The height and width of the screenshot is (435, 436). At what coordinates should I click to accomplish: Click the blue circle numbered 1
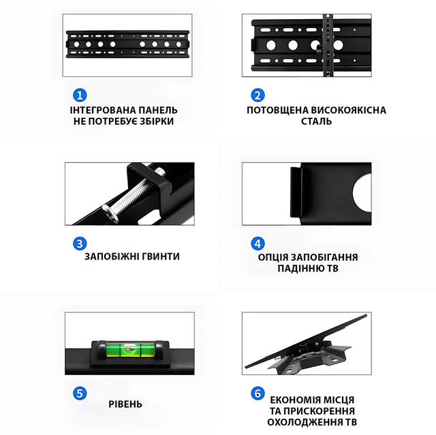point(80,95)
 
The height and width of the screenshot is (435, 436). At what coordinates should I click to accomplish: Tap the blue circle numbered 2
point(258,95)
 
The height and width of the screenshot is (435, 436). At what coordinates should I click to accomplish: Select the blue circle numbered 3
point(80,244)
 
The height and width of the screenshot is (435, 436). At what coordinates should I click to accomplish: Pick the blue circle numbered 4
point(258,244)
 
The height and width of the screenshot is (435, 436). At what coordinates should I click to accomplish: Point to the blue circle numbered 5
point(80,393)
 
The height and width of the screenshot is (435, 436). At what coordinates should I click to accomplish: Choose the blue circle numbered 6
point(258,393)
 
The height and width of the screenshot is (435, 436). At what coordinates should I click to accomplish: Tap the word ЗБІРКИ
point(157,121)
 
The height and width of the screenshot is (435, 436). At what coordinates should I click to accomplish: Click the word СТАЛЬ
point(316,121)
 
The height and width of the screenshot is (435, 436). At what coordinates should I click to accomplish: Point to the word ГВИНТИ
point(161,257)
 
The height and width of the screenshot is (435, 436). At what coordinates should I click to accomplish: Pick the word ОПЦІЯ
point(273,257)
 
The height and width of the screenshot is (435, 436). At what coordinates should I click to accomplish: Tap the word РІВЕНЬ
point(125,404)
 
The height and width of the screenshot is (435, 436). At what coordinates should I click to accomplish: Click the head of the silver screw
point(110,214)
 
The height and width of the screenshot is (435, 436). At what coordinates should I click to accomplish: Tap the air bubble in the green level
point(129,347)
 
